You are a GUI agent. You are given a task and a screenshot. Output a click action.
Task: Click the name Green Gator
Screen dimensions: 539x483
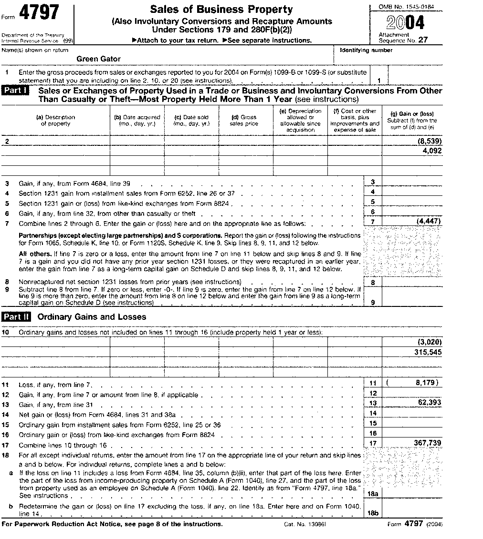[98, 59]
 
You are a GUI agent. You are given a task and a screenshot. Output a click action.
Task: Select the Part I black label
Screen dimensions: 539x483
[16, 91]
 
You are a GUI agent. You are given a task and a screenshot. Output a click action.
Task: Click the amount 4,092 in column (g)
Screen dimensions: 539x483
[432, 151]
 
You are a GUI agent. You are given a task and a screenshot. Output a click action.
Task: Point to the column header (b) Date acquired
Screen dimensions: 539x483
[137, 120]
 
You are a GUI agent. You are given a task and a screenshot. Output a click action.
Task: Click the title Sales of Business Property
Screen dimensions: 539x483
[221, 10]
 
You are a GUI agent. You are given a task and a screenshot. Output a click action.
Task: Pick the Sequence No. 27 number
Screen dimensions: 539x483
[423, 41]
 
